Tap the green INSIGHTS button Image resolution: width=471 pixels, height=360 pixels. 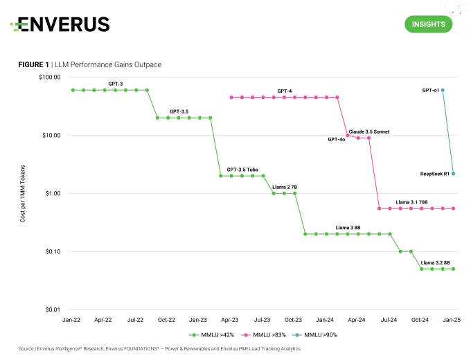click(428, 24)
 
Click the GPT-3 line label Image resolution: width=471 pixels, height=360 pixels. click(116, 84)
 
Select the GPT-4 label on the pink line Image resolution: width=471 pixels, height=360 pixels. click(284, 91)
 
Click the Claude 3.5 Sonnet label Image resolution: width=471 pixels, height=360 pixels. click(369, 131)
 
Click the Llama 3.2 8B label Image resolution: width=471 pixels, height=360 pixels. click(436, 262)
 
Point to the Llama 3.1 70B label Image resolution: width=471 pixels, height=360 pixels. click(412, 202)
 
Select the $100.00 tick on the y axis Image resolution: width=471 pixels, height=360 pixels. click(50, 77)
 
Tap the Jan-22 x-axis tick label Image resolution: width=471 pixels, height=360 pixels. click(71, 320)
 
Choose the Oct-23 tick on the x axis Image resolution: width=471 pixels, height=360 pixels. click(294, 320)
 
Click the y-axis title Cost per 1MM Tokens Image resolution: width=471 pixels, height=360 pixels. click(23, 193)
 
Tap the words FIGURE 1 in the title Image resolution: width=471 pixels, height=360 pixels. click(33, 64)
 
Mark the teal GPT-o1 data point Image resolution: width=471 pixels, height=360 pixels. click(443, 90)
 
